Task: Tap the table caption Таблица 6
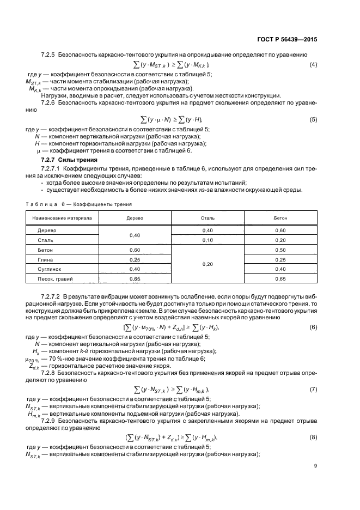click(45, 204)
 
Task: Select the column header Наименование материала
click(62, 218)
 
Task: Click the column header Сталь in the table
click(208, 218)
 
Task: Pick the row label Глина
click(45, 259)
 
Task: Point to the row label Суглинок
click(49, 269)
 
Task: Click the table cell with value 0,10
click(208, 240)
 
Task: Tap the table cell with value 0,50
click(280, 250)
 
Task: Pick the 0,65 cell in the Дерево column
click(135, 279)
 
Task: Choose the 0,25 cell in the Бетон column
click(280, 259)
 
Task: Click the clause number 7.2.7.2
click(53, 295)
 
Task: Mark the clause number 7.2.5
click(49, 55)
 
